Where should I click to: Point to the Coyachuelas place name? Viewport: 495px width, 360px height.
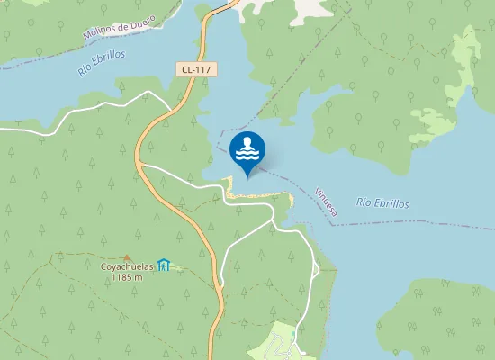(126, 265)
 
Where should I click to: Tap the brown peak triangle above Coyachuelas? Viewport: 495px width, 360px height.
(126, 256)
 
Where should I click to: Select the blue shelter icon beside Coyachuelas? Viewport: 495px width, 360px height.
(163, 265)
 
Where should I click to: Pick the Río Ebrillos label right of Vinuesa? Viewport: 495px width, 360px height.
(382, 203)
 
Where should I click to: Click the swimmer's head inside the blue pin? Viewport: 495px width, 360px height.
(247, 141)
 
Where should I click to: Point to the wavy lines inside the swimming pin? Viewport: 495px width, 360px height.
(247, 154)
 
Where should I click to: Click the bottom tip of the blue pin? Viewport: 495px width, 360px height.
(247, 176)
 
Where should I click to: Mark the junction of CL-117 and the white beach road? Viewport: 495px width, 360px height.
(141, 166)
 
